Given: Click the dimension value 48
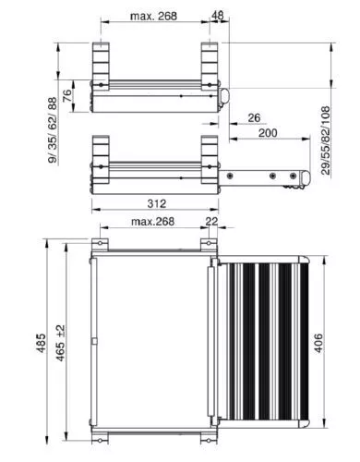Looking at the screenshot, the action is tap(218, 15).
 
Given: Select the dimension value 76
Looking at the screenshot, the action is tap(67, 95).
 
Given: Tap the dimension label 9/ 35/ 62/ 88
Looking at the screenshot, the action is tap(53, 129).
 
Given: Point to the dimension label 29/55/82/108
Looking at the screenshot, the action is tap(325, 140).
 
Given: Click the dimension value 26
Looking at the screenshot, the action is tap(254, 117).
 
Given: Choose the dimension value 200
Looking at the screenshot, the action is tap(268, 133).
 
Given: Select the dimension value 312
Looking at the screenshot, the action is tap(157, 203).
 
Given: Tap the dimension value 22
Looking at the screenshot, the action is tap(211, 221).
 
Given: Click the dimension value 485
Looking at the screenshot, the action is tap(41, 343).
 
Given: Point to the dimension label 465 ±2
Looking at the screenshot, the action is tap(60, 343).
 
